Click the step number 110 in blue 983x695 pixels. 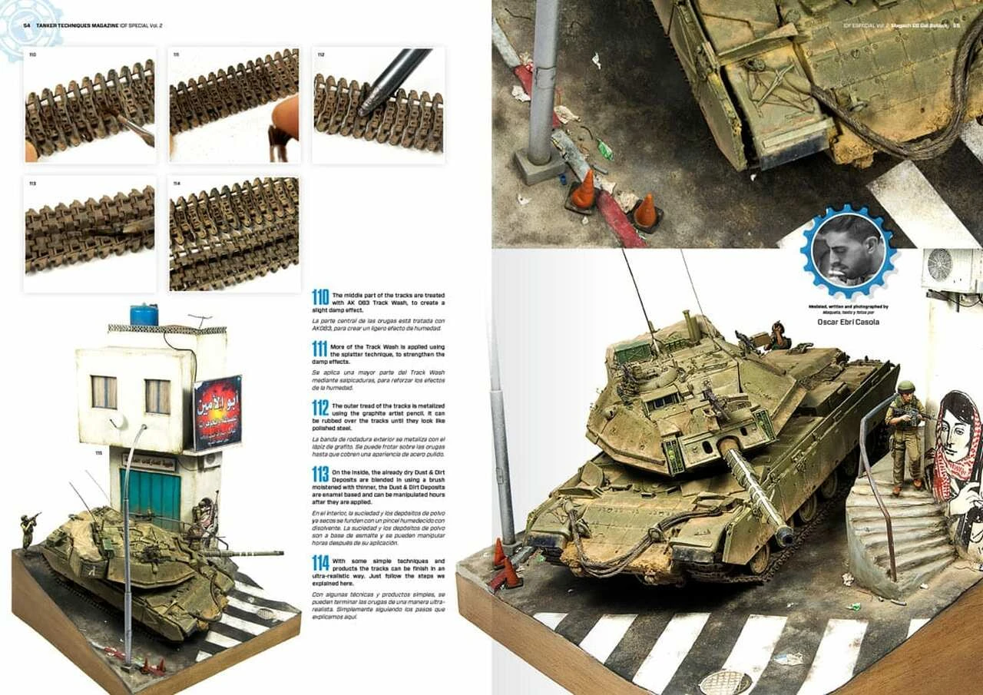320,297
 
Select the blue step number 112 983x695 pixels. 320,407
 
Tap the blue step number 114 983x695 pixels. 320,563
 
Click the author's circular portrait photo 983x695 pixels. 848,250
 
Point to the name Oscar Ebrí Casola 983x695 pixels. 848,323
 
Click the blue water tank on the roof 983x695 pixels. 144,315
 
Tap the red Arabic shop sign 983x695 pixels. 217,412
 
